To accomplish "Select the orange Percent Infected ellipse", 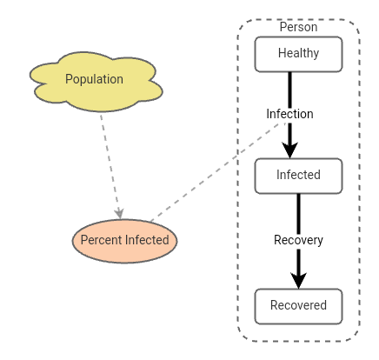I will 124,240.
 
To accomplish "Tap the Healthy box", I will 298,54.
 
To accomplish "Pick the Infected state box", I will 298,175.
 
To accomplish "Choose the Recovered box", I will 298,305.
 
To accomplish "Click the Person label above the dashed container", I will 298,27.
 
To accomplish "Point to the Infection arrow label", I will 289,114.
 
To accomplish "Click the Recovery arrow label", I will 298,240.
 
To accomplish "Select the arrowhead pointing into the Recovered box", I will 298,277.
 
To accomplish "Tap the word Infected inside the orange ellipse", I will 147,240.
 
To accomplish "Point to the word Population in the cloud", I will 94,79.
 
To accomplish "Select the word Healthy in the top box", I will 298,54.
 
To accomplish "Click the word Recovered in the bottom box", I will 298,305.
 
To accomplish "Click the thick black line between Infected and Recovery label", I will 298,212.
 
